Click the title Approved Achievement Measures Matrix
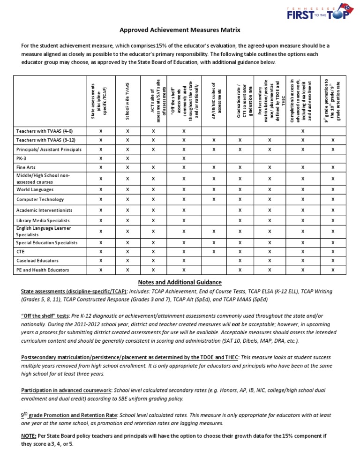click(180, 30)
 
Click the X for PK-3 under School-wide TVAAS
click(127, 158)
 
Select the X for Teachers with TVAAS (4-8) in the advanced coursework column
click(302, 131)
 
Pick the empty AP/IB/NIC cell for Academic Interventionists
click(214, 210)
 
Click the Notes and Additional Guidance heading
click(180, 282)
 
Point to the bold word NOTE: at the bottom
click(31, 436)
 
